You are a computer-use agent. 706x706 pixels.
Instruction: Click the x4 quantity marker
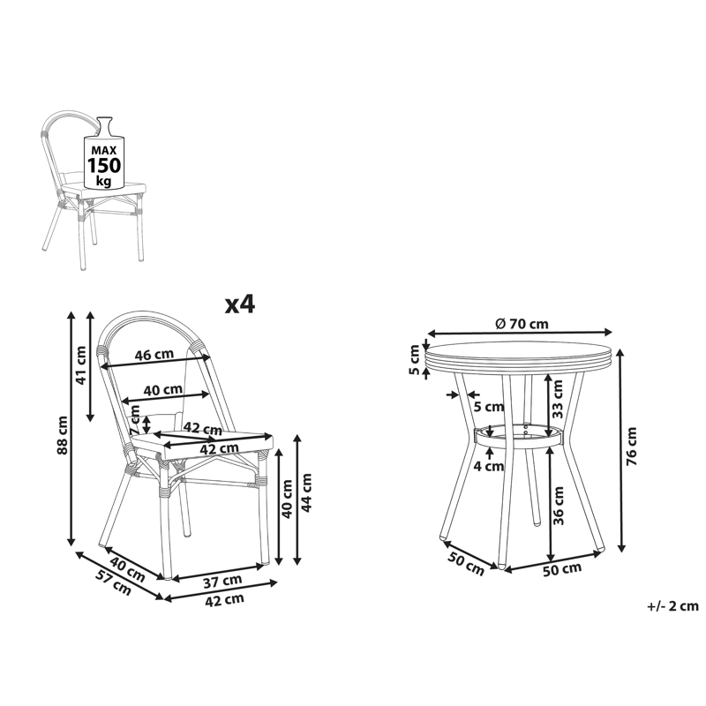(x=240, y=304)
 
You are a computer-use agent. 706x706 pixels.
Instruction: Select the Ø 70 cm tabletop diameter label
(x=522, y=323)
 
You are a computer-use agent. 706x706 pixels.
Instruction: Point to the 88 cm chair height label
(x=62, y=435)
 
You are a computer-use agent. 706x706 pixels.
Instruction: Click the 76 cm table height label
(x=632, y=447)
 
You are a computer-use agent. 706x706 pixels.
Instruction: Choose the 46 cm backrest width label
(x=154, y=355)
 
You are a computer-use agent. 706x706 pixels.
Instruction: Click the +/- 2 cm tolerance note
(x=672, y=605)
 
